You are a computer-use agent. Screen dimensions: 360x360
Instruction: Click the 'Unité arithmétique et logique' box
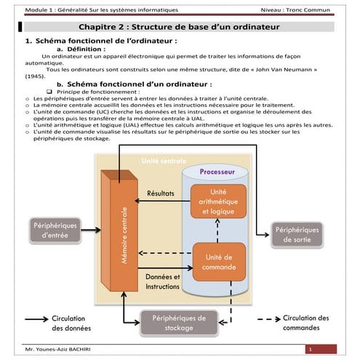218,201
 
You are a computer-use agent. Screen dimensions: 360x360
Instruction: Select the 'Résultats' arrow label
161,194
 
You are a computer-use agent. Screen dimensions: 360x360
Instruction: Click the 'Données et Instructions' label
163,281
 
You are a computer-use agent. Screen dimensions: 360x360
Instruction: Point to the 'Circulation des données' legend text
70,323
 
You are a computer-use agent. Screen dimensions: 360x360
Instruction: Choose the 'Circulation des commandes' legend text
306,322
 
